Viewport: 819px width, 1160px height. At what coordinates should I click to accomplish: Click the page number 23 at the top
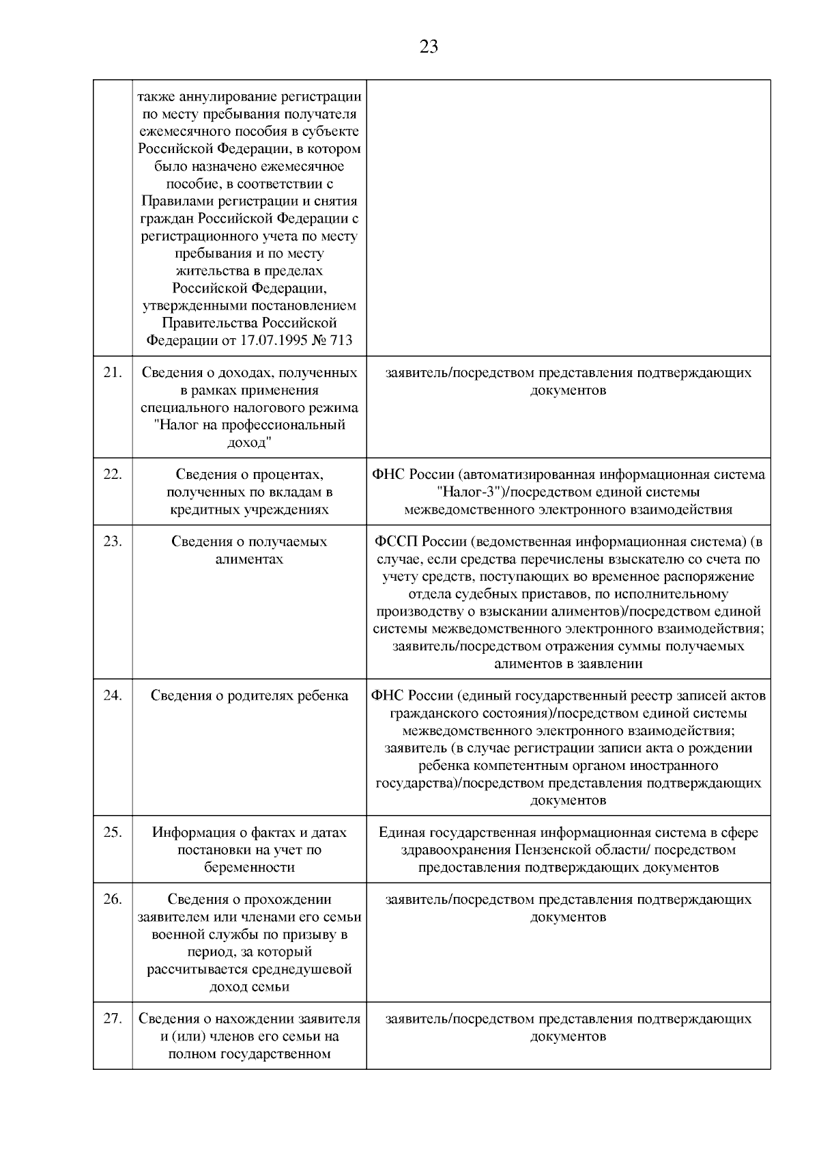coord(429,47)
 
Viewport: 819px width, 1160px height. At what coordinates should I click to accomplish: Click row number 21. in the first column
coord(113,373)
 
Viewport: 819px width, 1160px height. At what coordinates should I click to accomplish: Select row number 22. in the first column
coord(113,474)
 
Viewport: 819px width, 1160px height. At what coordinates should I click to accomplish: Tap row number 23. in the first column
coord(113,542)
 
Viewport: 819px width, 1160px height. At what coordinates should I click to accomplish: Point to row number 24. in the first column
coord(113,695)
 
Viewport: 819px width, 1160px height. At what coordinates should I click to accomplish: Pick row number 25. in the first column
coord(113,832)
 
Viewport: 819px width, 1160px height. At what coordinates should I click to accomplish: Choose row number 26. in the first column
coord(113,899)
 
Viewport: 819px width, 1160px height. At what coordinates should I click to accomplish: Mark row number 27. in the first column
coord(113,1019)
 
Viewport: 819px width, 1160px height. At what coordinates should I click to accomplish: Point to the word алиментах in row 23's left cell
coord(249,560)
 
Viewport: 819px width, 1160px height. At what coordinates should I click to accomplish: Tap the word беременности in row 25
coord(249,868)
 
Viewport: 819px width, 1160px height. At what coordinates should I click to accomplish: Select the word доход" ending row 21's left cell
coord(249,443)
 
